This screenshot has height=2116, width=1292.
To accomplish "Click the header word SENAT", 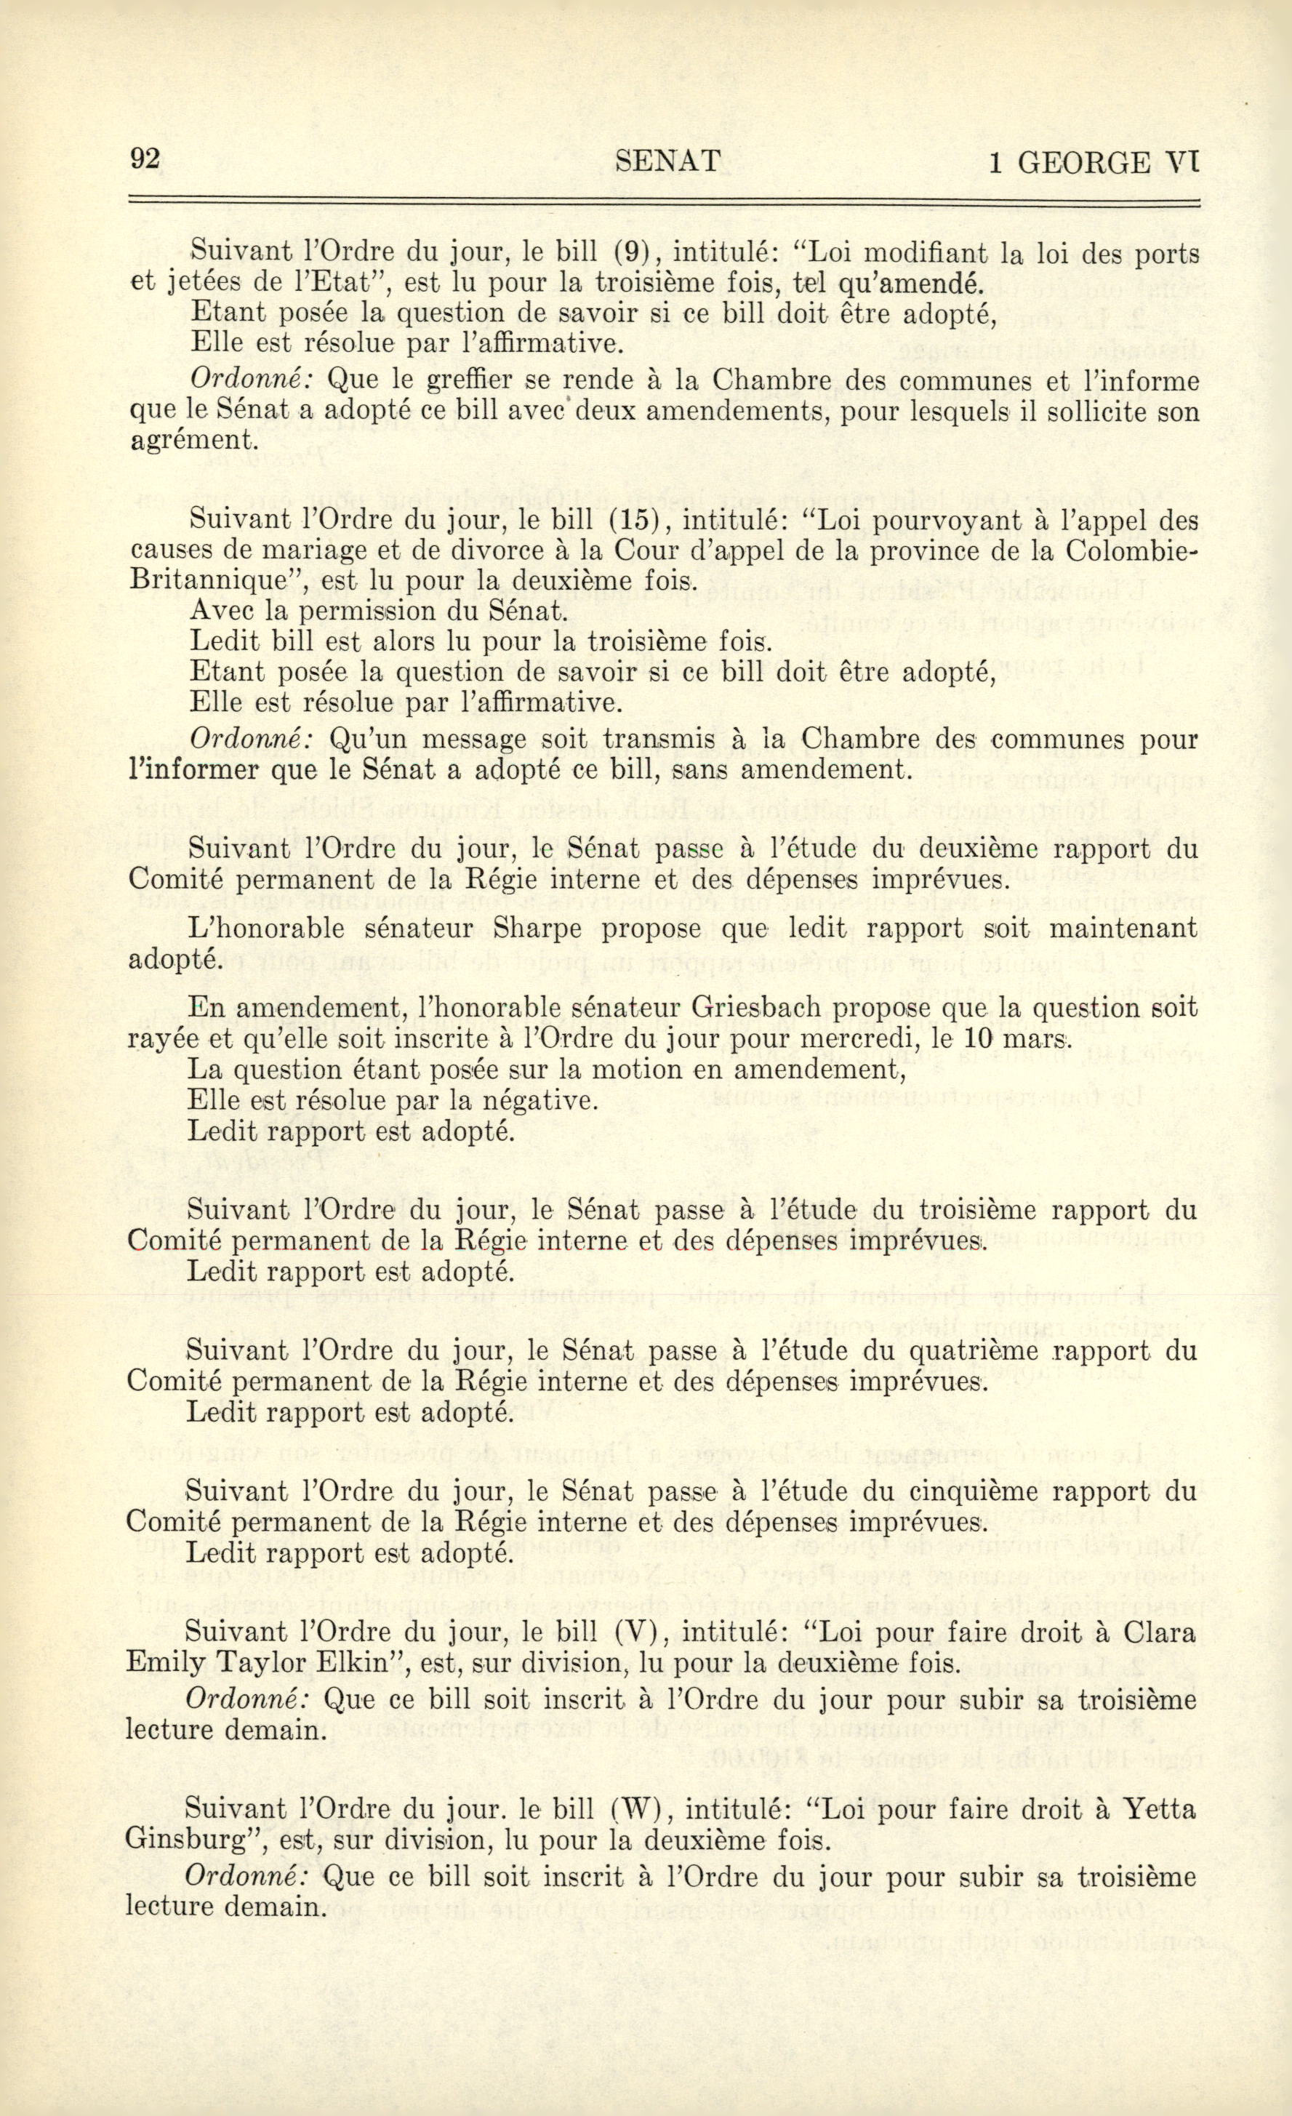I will point(668,161).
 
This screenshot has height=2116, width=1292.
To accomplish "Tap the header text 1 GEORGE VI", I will point(1092,161).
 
